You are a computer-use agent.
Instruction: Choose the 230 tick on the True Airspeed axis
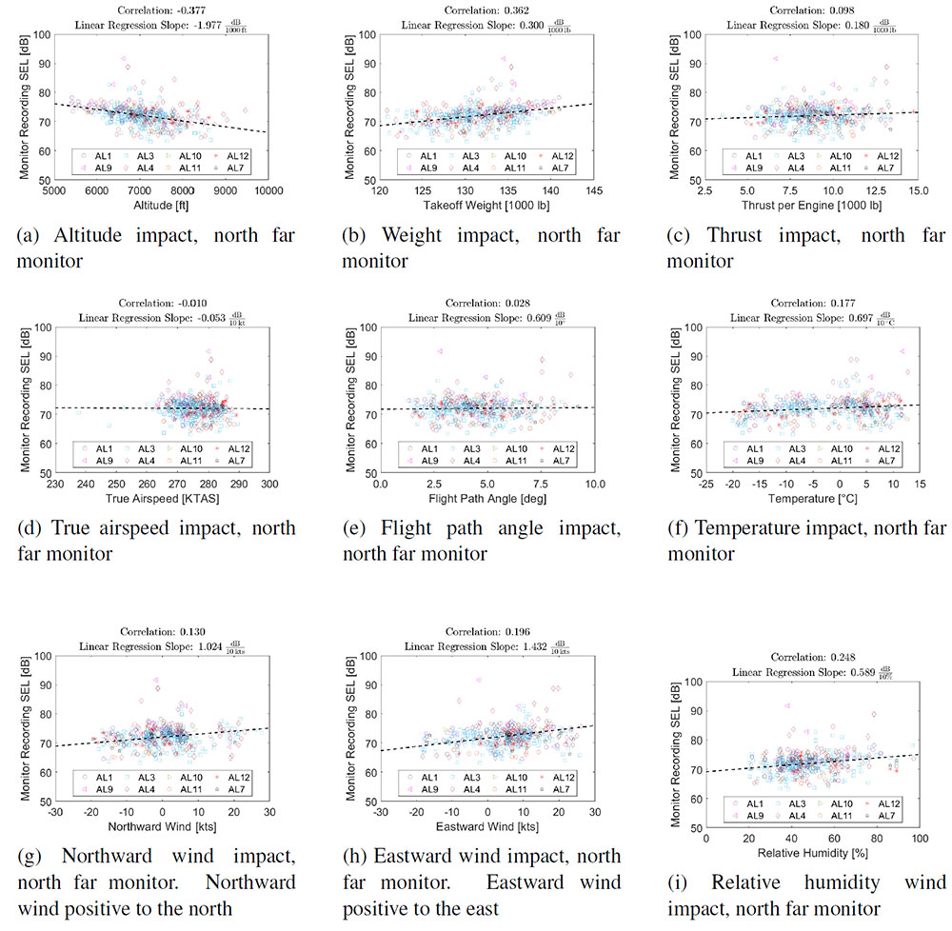tap(55, 484)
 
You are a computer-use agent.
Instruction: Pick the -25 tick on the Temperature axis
tap(705, 484)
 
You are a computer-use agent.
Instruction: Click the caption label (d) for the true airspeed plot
tap(29, 528)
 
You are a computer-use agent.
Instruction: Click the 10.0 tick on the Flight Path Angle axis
tap(593, 484)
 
